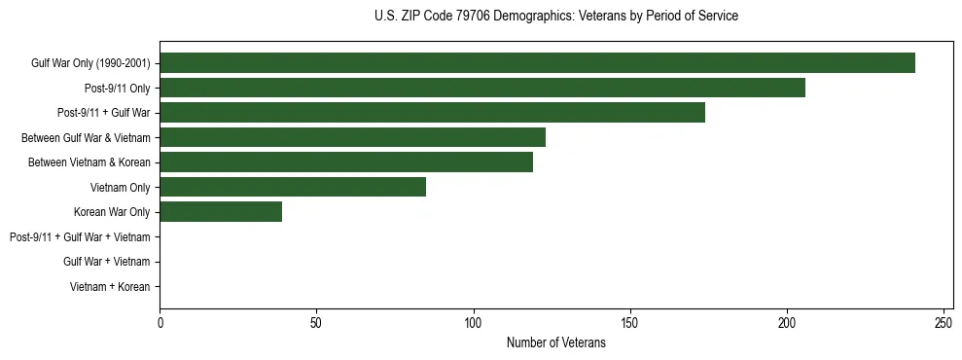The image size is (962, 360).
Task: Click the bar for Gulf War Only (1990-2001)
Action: point(537,63)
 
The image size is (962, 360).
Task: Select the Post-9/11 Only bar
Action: point(482,88)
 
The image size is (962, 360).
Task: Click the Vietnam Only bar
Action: point(293,187)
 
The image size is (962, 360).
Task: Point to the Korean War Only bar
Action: point(221,212)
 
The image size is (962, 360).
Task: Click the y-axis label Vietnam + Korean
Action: point(110,287)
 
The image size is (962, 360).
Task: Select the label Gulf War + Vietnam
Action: point(106,262)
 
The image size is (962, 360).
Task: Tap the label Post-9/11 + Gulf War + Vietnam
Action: point(80,236)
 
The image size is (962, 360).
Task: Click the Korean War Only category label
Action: point(112,212)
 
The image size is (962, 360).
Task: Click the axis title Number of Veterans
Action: point(555,342)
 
